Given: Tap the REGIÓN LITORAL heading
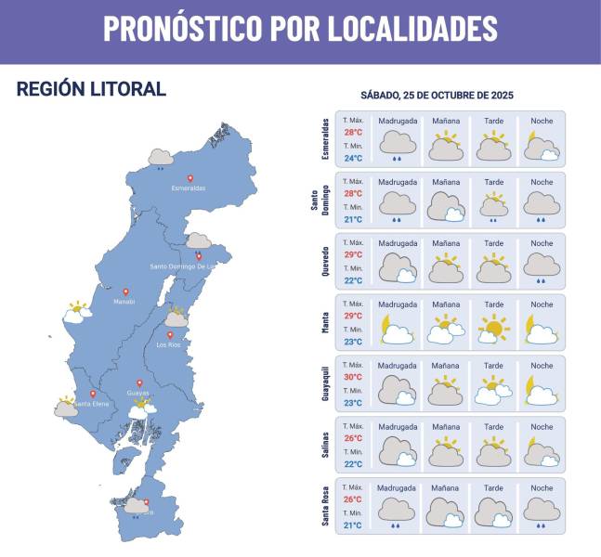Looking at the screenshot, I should point(91,89).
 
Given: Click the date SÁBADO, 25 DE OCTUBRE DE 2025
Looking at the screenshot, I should point(437,96).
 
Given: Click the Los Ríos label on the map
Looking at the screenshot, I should point(168,345).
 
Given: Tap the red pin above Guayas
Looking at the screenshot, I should point(140,382).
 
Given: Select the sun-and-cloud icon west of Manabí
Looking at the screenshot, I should point(77,311).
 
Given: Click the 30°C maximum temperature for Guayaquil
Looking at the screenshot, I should point(353,377).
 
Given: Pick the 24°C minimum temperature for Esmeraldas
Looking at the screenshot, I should point(353,158).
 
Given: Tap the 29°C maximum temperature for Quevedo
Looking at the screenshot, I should point(353,254).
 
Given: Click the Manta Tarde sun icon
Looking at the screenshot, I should point(493,329).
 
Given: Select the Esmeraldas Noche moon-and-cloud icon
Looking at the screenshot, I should point(541,146).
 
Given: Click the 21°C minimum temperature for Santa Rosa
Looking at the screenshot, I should point(353,525).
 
